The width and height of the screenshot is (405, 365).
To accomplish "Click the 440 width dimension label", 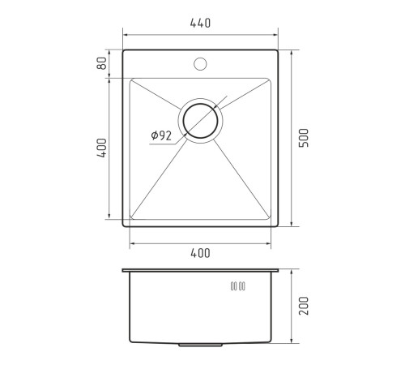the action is tap(200, 24).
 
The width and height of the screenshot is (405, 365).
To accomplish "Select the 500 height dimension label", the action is tap(304, 138).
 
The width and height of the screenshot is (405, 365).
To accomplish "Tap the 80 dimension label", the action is tap(101, 63).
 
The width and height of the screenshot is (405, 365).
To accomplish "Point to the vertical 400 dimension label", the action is tap(102, 148).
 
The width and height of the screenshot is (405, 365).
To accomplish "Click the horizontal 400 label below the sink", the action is tap(200, 253).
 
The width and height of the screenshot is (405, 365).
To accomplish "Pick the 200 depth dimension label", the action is tap(304, 306).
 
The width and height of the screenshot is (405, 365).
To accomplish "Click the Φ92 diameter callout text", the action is tap(161, 135).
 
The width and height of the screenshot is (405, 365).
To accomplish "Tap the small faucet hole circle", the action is tap(200, 64).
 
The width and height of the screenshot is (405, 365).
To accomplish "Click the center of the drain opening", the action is tap(200, 121).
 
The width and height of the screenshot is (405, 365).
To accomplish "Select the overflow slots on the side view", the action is tap(238, 286).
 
